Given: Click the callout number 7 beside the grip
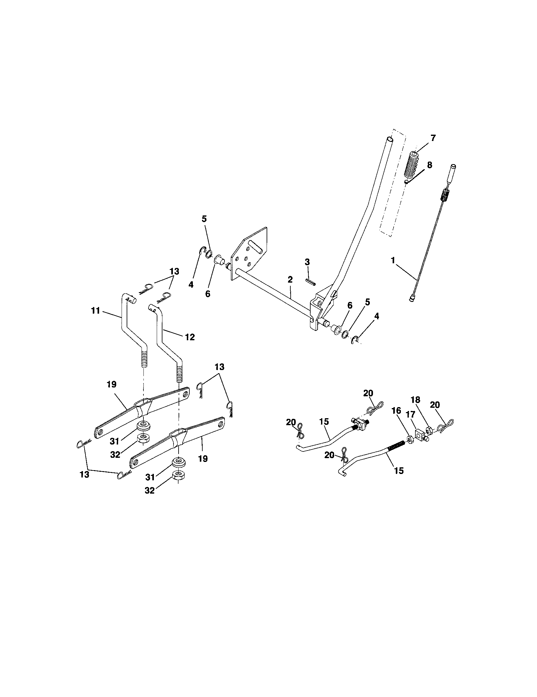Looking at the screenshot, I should coord(433,138).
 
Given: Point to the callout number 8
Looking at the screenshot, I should coord(430,165).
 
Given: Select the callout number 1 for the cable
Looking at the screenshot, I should coord(393,260).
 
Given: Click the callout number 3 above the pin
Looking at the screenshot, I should coord(307,262).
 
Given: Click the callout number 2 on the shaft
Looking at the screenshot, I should coord(290,279).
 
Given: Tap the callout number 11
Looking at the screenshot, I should coord(96,310).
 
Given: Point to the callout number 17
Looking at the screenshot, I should coord(410,415).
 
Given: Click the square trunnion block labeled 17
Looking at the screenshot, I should coord(419,434).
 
